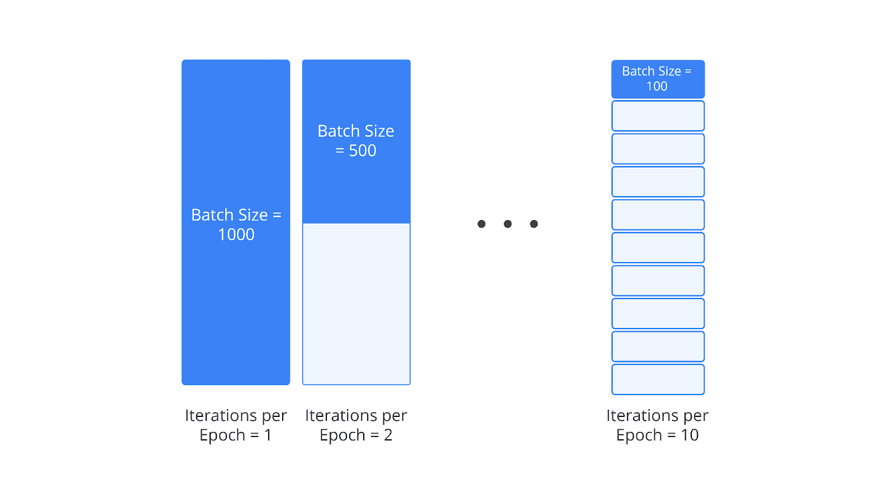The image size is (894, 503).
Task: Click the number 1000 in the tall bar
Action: pos(236,234)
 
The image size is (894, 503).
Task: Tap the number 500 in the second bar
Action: pos(363,150)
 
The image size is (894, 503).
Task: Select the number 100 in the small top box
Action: pos(657,86)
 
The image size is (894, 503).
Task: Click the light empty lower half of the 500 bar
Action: pos(356,304)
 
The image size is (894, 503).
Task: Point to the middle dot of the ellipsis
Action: pos(508,224)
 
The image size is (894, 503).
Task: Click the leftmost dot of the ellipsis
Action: pos(482,224)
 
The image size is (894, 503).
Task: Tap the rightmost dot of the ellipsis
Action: pos(534,224)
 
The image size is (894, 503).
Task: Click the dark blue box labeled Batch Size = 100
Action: pos(658,79)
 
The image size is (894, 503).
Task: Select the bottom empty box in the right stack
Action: pos(658,379)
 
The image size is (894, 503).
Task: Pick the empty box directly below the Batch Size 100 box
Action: pos(658,116)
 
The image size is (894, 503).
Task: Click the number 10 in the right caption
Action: pos(689,435)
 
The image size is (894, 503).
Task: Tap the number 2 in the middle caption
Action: pos(388,435)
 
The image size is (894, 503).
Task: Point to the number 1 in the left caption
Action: pos(268,435)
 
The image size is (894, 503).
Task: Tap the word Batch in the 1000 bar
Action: pos(212,215)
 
